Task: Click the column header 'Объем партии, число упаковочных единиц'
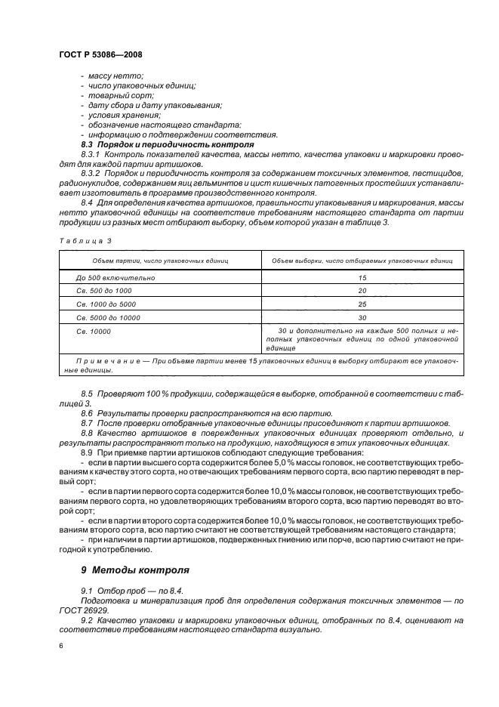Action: tap(160, 261)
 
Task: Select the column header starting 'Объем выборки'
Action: tap(362, 261)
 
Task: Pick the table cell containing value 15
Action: tap(362, 278)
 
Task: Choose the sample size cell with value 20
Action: tap(362, 291)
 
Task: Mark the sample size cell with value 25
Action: tap(362, 304)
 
